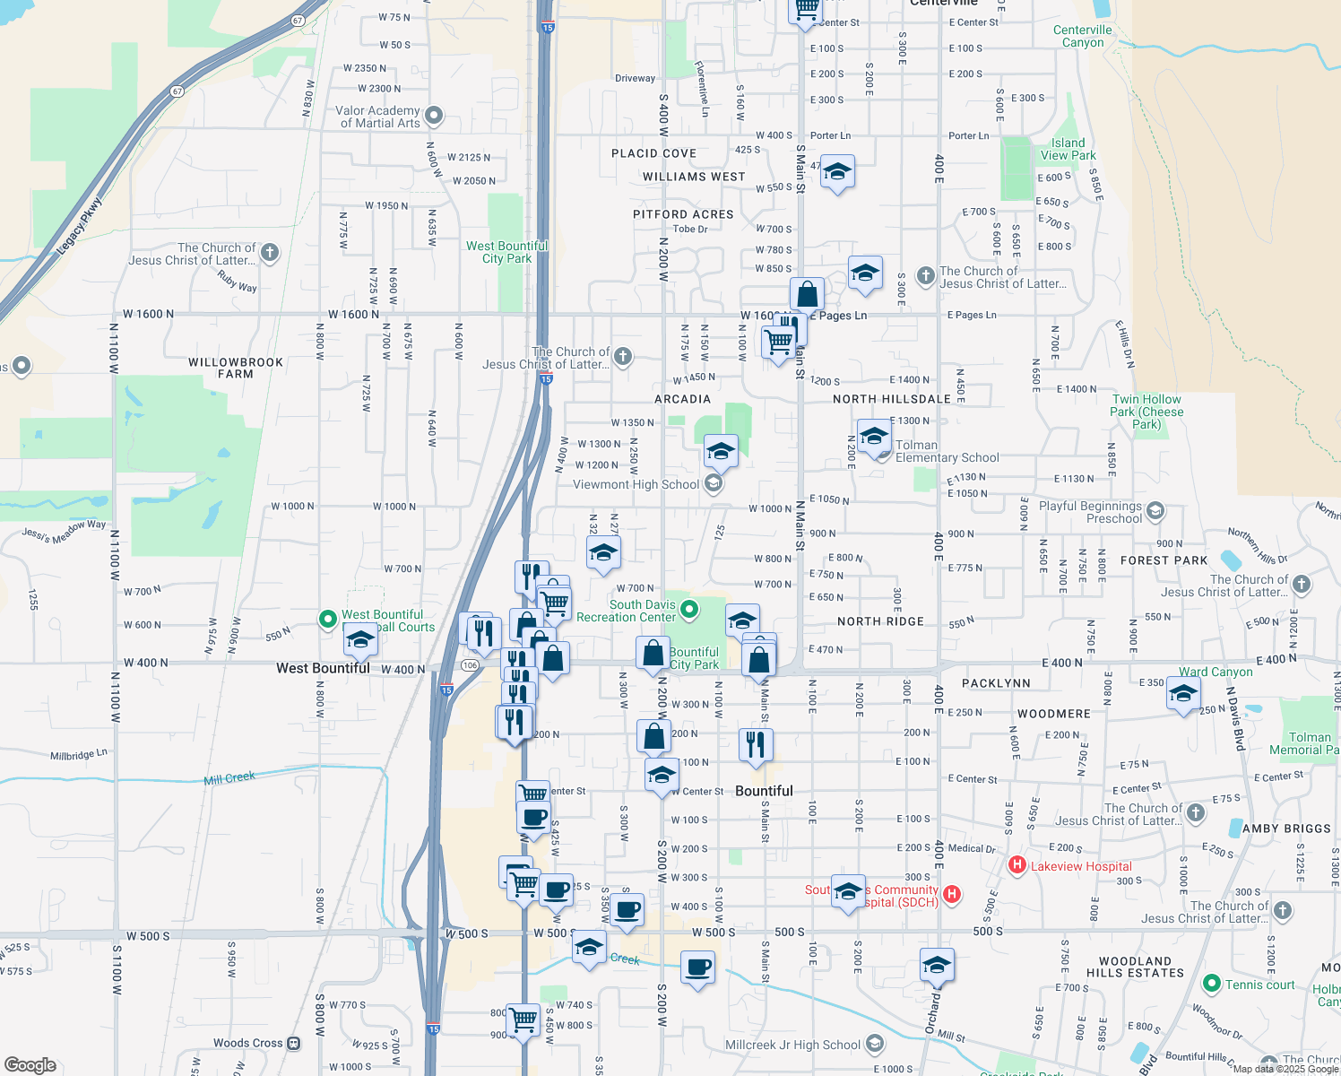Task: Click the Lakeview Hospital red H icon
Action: coord(1017,865)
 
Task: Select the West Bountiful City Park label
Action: coord(506,252)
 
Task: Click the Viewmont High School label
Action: coord(636,484)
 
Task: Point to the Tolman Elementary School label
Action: coord(947,451)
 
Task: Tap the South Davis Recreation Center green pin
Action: coord(689,610)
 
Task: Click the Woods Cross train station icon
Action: coord(294,1043)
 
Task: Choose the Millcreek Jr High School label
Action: coord(792,1045)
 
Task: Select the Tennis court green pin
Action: coord(1212,984)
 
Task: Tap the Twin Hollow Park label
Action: coord(1146,412)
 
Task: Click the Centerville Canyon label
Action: coord(1083,36)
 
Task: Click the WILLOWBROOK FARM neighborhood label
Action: coord(236,368)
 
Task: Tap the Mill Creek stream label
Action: coord(229,778)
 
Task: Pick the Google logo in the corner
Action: coord(30,1064)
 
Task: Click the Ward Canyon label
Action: coord(1216,672)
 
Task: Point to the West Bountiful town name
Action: coord(323,668)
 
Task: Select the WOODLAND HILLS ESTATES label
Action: coord(1135,967)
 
